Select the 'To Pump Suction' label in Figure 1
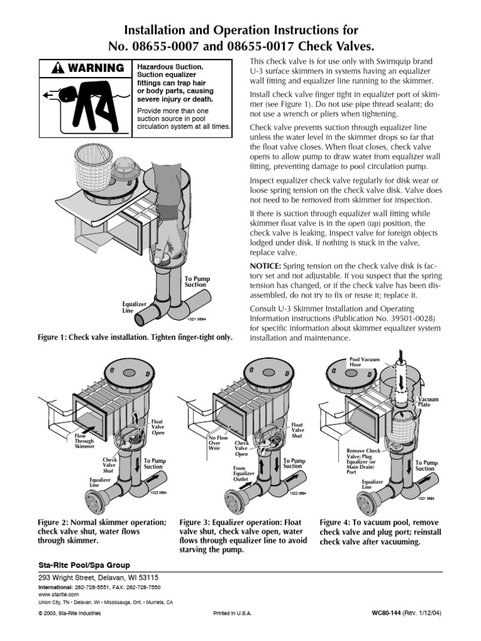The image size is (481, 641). [x=197, y=281]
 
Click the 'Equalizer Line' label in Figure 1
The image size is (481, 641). [x=134, y=307]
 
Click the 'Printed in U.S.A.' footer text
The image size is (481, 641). [x=232, y=614]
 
